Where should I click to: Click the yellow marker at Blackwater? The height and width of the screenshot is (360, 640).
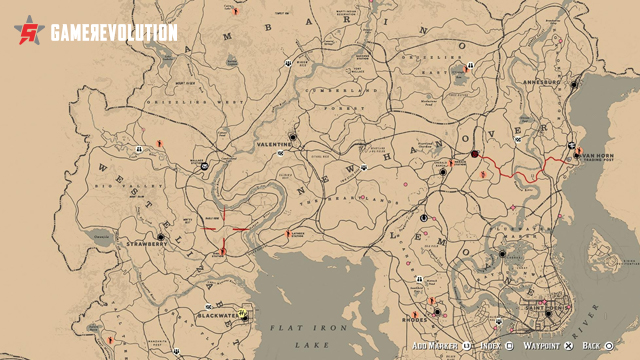tap(243, 312)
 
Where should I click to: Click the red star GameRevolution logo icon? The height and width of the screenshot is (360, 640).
tap(31, 32)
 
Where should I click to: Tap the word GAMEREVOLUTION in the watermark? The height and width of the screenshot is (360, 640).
tap(113, 33)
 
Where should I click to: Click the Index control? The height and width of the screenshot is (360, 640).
tap(493, 346)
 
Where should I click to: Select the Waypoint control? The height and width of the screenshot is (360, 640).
tap(545, 346)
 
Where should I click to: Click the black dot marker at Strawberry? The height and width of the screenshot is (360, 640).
tap(160, 237)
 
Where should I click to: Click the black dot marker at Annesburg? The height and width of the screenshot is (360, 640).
tap(574, 85)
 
